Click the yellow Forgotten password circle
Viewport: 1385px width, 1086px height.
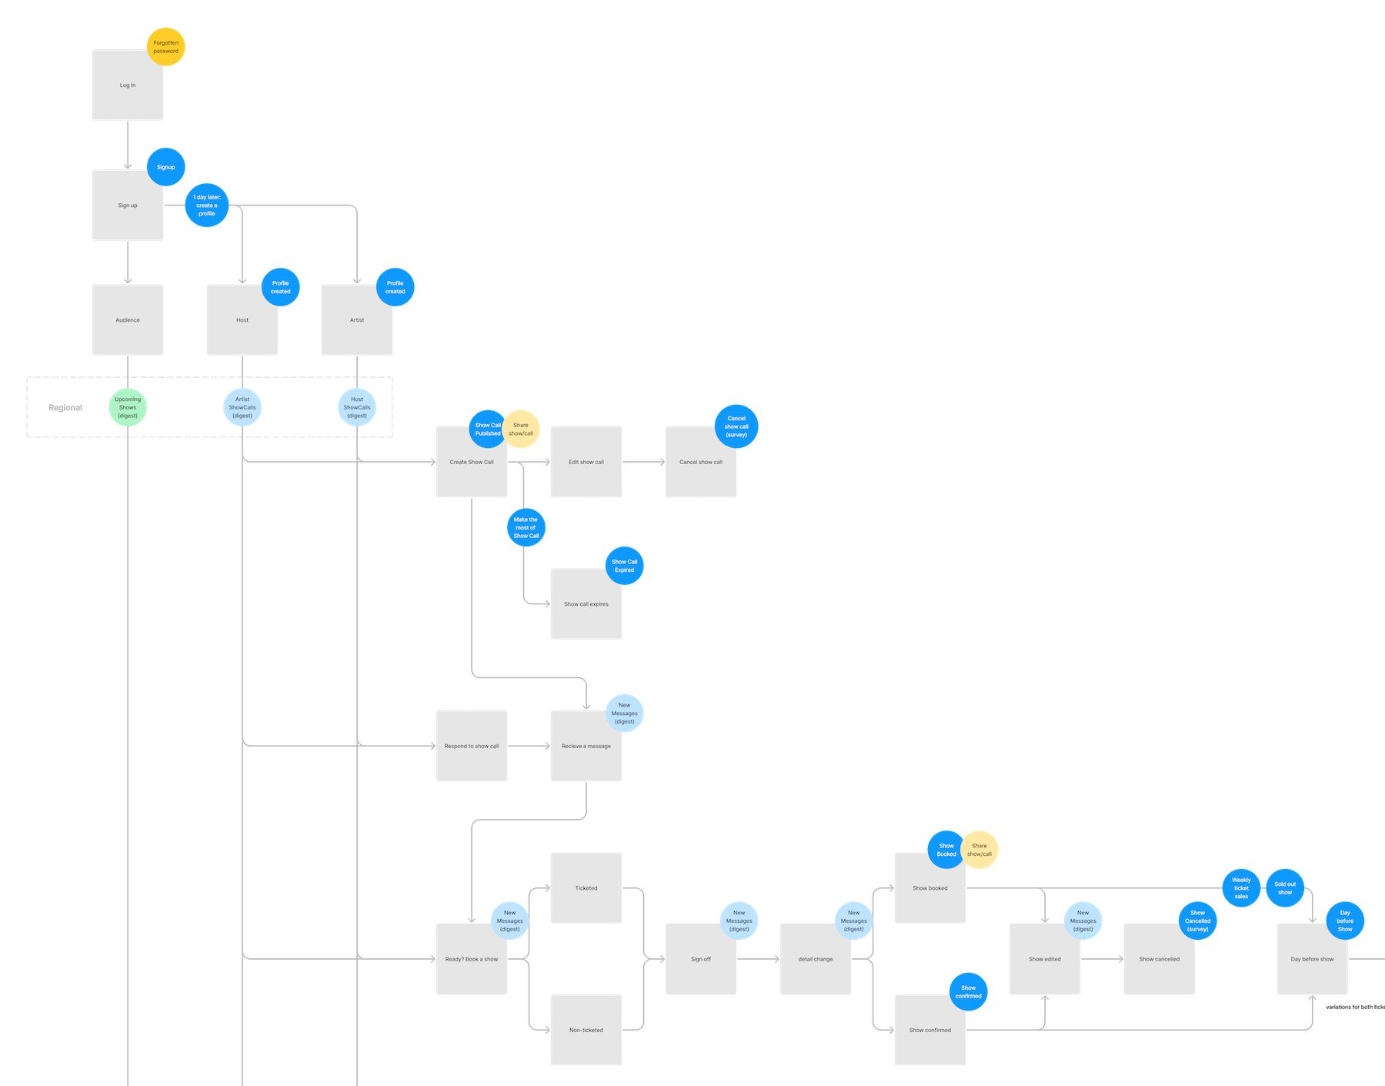click(166, 47)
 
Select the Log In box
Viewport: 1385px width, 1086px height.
click(128, 85)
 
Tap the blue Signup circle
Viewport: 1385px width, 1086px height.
click(166, 167)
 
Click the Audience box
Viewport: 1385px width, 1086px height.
click(128, 320)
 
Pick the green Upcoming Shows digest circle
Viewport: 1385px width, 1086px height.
click(128, 408)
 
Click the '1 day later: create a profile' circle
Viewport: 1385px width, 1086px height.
click(207, 206)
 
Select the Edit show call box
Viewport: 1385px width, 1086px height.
click(586, 463)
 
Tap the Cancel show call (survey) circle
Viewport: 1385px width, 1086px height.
click(736, 426)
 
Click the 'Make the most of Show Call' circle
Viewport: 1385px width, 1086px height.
click(526, 528)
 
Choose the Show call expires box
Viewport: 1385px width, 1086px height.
click(586, 604)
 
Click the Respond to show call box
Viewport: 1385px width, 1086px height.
click(472, 747)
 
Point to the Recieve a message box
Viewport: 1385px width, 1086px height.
click(586, 747)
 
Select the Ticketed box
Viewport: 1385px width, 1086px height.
click(586, 888)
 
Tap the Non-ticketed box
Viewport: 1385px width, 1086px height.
click(586, 1031)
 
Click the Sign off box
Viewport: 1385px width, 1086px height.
click(701, 960)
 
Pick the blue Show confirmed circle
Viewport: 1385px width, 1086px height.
click(968, 992)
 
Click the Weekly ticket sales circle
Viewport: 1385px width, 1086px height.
click(1241, 888)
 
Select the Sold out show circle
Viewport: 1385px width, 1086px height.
click(1285, 888)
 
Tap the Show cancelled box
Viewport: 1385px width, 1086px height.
click(1160, 960)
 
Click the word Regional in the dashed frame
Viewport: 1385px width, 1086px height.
click(66, 408)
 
